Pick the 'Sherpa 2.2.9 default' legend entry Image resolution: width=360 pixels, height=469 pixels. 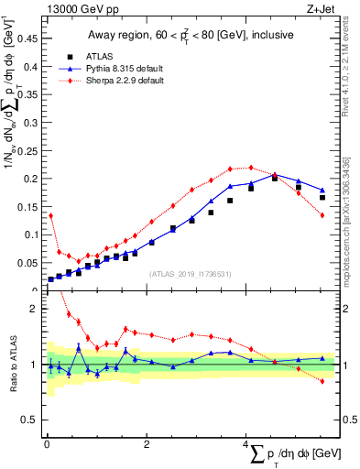click(114, 80)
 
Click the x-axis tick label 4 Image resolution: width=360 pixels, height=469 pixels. click(246, 444)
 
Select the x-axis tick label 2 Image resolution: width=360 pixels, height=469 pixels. click(147, 444)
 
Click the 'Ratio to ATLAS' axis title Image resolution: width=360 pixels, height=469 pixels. click(13, 365)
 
